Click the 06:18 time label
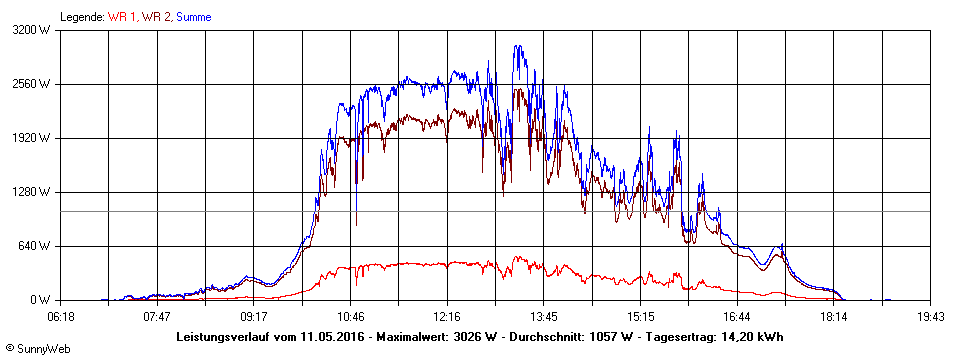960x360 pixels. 60,317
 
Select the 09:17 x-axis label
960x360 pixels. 253,317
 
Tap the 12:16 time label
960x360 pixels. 446,317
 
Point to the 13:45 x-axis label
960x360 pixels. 543,317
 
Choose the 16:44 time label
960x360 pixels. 736,317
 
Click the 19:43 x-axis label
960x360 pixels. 930,317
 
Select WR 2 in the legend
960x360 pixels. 156,17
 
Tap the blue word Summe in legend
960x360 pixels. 194,17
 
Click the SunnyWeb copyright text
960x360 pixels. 37,349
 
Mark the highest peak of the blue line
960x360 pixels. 518,45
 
